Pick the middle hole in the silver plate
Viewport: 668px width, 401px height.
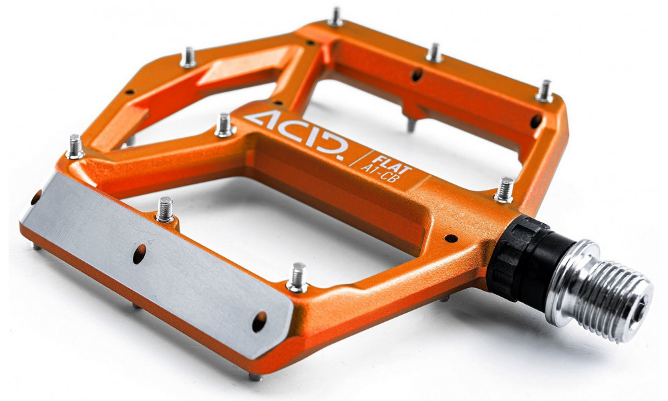(140, 253)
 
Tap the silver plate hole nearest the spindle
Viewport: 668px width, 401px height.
(259, 321)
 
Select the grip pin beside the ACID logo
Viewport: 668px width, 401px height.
(224, 124)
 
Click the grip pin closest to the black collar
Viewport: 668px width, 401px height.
(504, 190)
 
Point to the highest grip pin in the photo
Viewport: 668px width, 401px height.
(335, 17)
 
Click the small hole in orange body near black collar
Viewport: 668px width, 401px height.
(451, 238)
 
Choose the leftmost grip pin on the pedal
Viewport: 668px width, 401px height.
(75, 146)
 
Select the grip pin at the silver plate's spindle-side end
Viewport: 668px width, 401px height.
(297, 277)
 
